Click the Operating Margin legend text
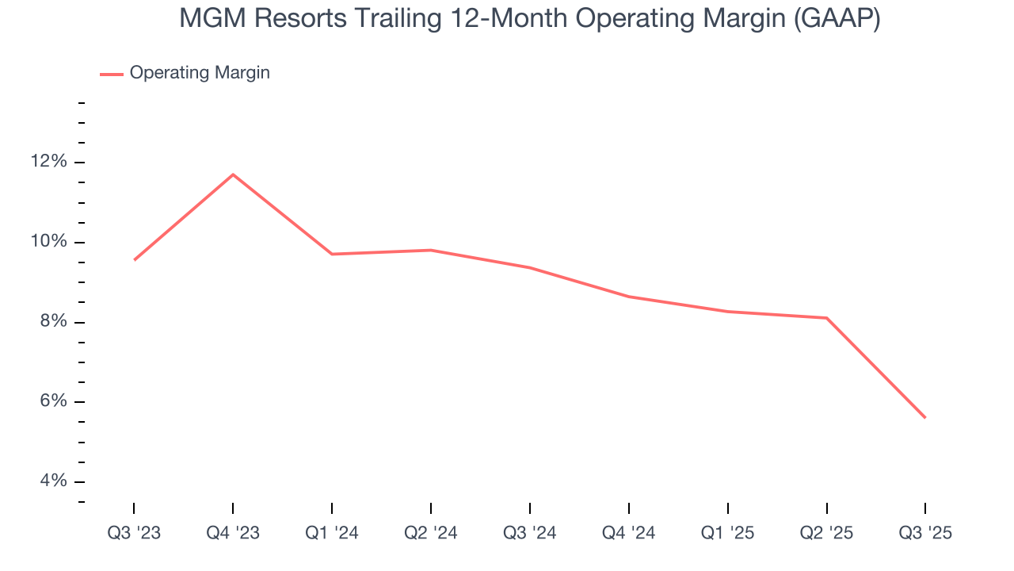(200, 73)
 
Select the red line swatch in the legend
(111, 74)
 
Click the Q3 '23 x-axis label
(134, 533)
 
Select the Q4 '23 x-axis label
(233, 533)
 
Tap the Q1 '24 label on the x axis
(332, 533)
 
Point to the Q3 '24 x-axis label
(530, 533)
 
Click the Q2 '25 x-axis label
(826, 533)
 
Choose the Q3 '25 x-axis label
(925, 533)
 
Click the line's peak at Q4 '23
(233, 174)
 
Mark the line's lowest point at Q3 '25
(924, 417)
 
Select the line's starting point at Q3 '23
(135, 259)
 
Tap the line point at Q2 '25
(826, 318)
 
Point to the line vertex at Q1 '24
(332, 254)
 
